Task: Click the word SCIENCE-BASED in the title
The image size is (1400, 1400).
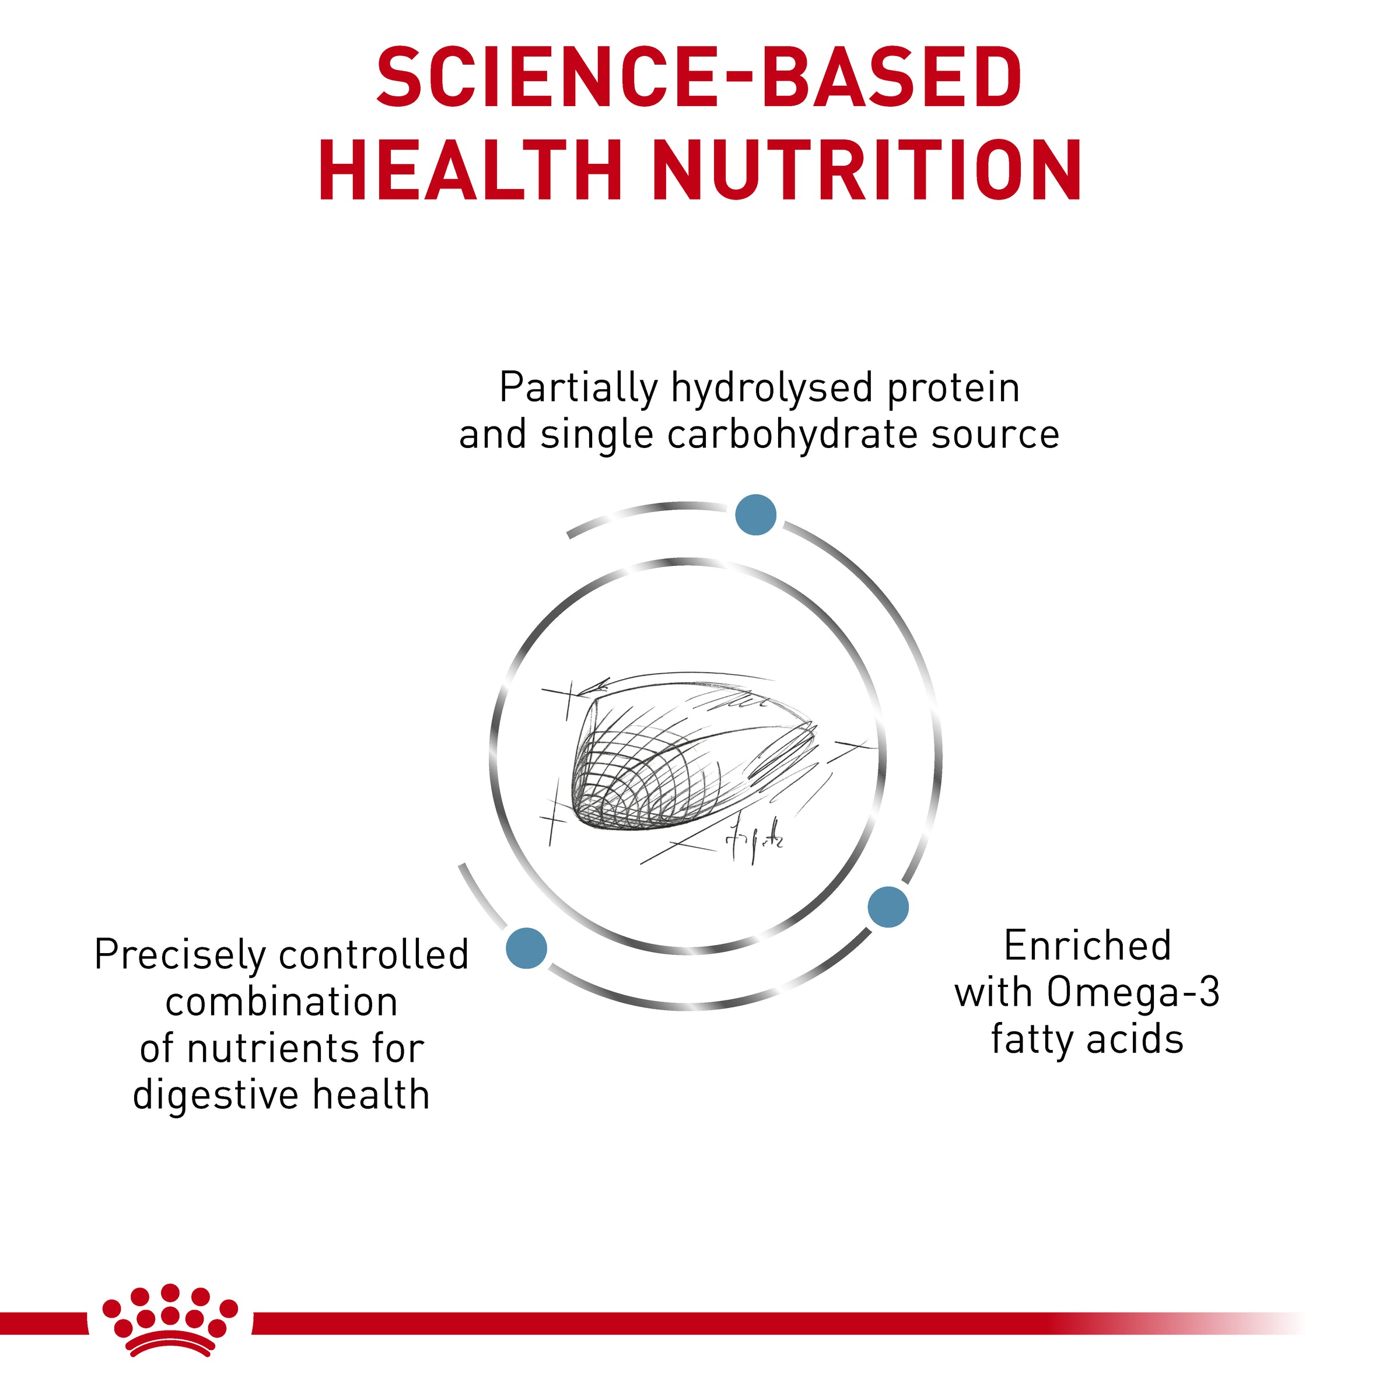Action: [699, 78]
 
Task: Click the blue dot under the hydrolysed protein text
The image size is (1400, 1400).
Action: [756, 515]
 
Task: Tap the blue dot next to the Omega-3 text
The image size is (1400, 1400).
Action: [888, 907]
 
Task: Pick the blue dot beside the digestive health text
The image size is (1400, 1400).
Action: [526, 948]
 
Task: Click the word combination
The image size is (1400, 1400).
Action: [282, 1002]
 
